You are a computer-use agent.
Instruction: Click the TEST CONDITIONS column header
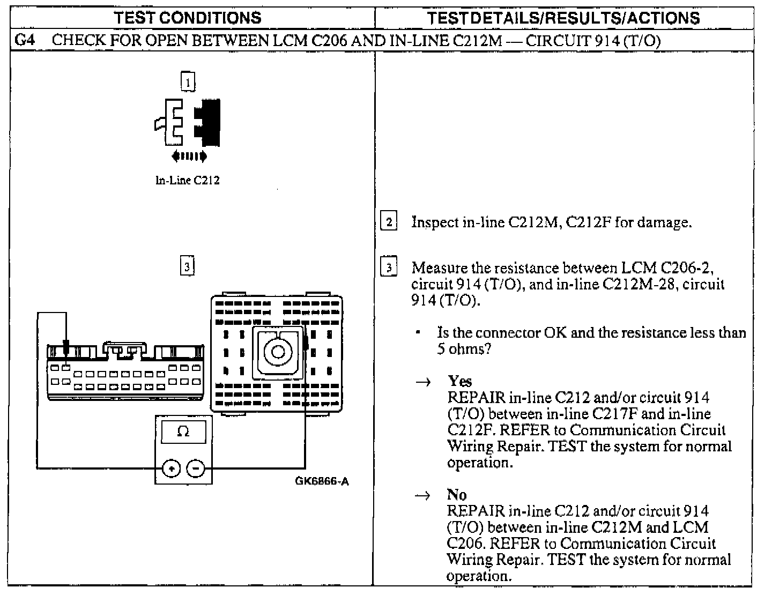coord(188,18)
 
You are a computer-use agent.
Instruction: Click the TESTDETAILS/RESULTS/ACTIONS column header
coord(563,18)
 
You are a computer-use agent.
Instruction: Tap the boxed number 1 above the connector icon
coord(188,82)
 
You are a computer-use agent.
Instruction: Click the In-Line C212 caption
coord(187,180)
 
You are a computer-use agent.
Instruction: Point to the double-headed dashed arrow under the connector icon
coord(189,157)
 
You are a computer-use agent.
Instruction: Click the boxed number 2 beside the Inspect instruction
coord(388,221)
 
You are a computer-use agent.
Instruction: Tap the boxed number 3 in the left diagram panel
coord(187,266)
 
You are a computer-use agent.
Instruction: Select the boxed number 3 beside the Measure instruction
coord(388,267)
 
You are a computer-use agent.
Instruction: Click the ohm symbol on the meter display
coord(183,432)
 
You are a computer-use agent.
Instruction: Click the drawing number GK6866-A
coord(322,481)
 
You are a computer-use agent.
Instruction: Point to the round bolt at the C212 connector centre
coord(278,352)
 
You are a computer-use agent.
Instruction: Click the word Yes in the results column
coord(460,381)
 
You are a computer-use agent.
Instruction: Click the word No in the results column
coord(457,494)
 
